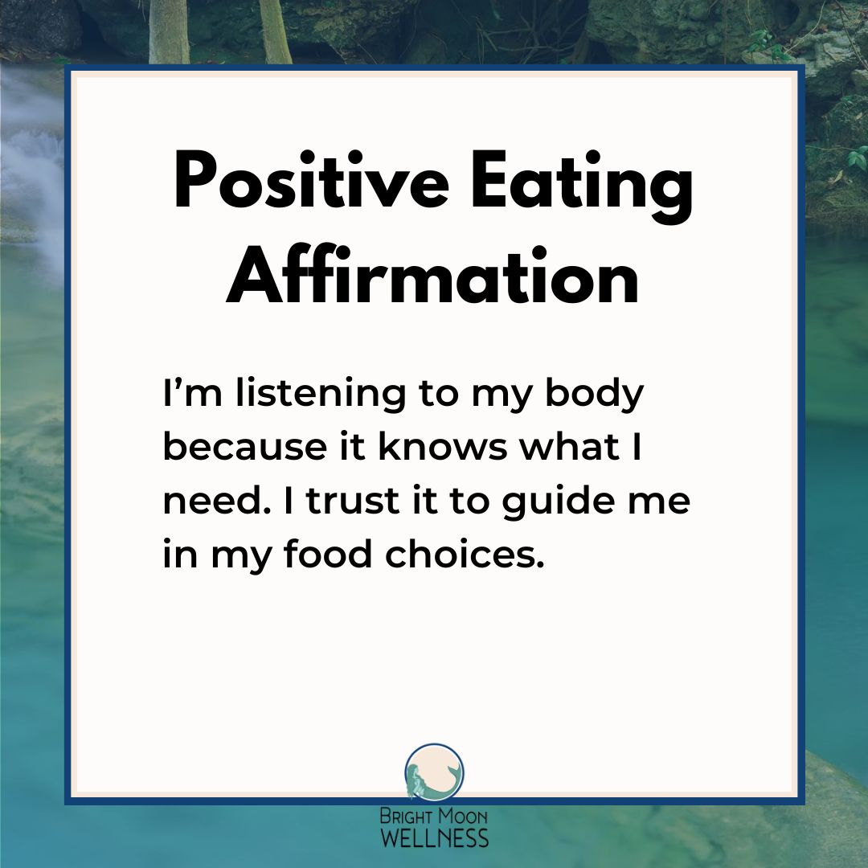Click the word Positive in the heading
pyautogui.click(x=311, y=180)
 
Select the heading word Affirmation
pyautogui.click(x=433, y=274)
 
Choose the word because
pyautogui.click(x=244, y=447)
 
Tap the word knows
pyautogui.click(x=443, y=447)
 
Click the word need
pyautogui.click(x=217, y=501)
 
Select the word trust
pyautogui.click(x=353, y=502)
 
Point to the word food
pyautogui.click(x=328, y=554)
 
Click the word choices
pyautogui.click(x=465, y=554)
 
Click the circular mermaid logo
pyautogui.click(x=434, y=772)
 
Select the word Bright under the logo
pyautogui.click(x=406, y=816)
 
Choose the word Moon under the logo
pyautogui.click(x=463, y=816)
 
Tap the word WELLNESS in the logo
pyautogui.click(x=435, y=837)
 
